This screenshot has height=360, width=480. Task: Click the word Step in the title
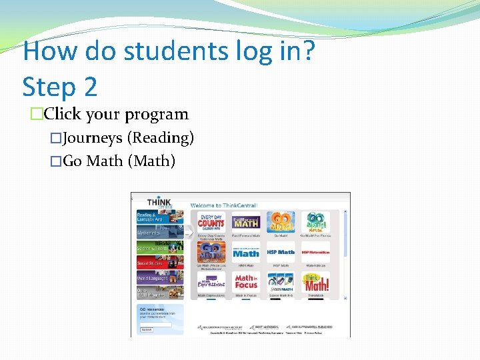pos(50,87)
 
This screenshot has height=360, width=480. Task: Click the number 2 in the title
pos(89,87)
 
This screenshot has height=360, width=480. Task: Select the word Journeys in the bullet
pos(91,138)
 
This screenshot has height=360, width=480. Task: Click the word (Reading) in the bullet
pos(161,138)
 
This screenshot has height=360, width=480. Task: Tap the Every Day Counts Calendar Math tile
pos(211,223)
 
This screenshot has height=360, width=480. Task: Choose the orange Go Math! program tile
pos(281,223)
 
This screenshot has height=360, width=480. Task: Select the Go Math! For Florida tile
pos(315,223)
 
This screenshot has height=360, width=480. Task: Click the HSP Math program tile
pos(281,253)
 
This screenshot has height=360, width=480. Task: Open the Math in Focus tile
pos(246,283)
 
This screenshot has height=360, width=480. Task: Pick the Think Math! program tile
pos(315,283)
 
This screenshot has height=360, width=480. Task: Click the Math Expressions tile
pos(211,283)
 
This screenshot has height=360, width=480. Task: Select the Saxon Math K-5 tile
pos(281,283)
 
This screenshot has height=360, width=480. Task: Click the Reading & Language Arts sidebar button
pos(151,217)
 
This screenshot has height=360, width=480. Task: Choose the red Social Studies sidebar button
pos(151,263)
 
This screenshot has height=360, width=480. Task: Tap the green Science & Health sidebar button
pos(151,247)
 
